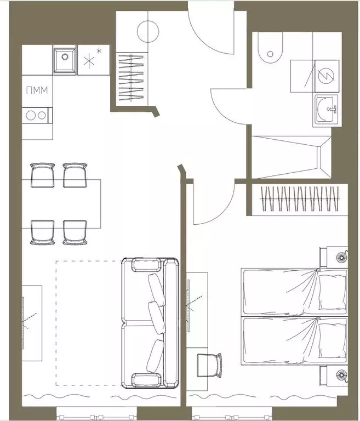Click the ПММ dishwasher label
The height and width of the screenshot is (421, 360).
pyautogui.click(x=36, y=90)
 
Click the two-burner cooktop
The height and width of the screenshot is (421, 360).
pyautogui.click(x=36, y=116)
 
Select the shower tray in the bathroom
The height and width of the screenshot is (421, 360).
pyautogui.click(x=289, y=157)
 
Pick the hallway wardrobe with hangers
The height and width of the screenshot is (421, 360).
pyautogui.click(x=132, y=76)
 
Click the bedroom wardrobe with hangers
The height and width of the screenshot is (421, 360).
pyautogui.click(x=299, y=198)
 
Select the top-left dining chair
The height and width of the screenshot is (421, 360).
pyautogui.click(x=43, y=174)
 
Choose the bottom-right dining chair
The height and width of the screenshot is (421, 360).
pyautogui.click(x=75, y=232)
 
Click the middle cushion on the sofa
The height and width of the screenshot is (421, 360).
pyautogui.click(x=157, y=316)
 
